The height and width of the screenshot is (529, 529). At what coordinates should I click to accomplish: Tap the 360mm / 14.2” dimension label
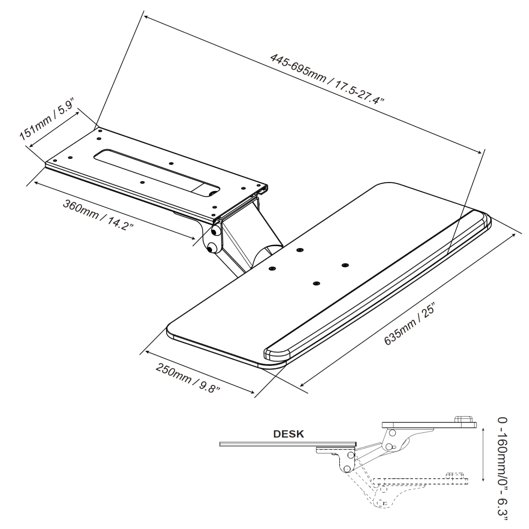tap(98, 215)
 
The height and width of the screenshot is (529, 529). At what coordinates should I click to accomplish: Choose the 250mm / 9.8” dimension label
tap(188, 378)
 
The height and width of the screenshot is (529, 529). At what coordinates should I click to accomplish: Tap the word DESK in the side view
tap(288, 434)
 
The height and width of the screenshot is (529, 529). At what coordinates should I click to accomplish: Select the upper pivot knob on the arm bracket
tap(214, 232)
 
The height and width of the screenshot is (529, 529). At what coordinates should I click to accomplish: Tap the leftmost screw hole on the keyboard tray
tap(272, 269)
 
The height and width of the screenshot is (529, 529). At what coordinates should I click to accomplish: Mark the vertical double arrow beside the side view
tap(483, 453)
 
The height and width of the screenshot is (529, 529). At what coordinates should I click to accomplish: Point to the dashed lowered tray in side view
tap(420, 481)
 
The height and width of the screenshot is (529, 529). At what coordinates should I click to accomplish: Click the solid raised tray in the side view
tap(428, 425)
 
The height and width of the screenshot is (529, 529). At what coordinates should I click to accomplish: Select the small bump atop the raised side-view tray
tap(463, 419)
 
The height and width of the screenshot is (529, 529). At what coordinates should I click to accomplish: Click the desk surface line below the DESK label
tap(287, 444)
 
